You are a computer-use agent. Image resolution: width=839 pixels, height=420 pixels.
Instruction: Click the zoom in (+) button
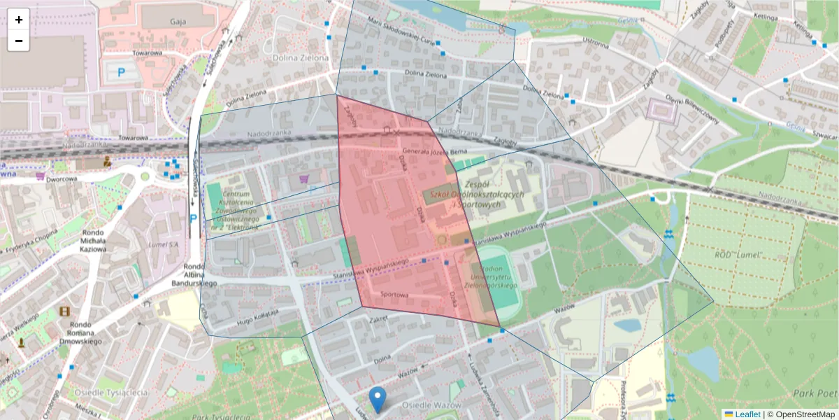pos(19,20)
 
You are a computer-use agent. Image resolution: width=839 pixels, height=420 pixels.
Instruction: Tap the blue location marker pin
pos(378,398)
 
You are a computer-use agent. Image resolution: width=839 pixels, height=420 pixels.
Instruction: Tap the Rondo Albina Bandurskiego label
pos(194,275)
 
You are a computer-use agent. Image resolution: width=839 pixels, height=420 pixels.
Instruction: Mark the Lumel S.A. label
pos(164,244)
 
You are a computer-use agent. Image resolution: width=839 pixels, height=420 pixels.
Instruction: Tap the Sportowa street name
pos(394,295)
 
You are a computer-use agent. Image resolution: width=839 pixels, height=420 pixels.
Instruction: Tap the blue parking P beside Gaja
pos(122,71)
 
